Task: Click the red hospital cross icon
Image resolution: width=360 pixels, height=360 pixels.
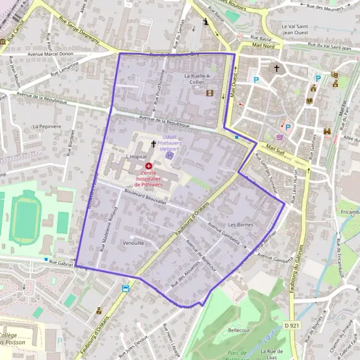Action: click(149, 165)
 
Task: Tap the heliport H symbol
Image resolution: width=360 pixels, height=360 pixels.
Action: click(170, 155)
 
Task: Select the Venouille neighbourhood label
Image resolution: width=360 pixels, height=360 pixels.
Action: click(133, 244)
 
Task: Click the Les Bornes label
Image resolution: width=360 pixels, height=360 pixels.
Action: click(241, 225)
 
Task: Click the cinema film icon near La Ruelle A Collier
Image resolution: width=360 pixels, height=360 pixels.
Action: click(209, 93)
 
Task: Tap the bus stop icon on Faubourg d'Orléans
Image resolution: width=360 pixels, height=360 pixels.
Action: click(125, 289)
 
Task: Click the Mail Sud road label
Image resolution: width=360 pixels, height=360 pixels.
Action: click(277, 148)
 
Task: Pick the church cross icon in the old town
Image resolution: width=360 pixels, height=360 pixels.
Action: click(277, 68)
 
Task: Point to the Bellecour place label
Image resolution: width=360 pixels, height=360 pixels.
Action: click(239, 331)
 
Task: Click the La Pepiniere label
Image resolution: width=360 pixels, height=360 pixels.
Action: click(48, 127)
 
